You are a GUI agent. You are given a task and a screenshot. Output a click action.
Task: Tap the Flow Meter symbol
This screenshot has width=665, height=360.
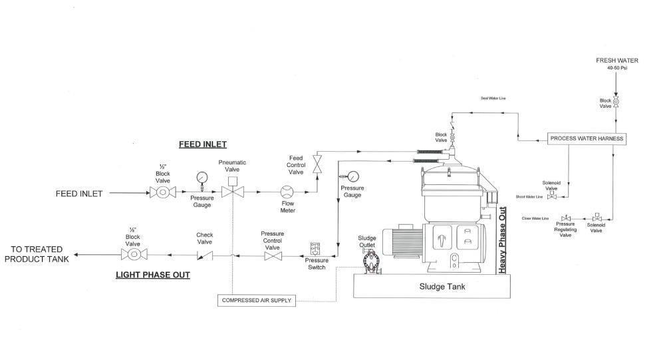point(287,192)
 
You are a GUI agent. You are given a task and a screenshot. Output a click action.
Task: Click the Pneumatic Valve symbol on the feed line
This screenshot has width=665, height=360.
point(232,192)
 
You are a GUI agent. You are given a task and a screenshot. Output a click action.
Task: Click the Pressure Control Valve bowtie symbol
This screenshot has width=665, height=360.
point(273,254)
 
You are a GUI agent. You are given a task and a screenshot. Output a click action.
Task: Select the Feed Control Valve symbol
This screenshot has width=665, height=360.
point(317,163)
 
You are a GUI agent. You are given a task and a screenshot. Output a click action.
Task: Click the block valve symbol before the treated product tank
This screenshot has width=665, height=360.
point(134,254)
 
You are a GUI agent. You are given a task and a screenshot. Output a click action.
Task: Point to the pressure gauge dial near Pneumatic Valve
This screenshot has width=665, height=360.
point(201,178)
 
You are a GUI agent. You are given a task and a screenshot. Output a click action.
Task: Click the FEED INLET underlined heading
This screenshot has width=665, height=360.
point(203,144)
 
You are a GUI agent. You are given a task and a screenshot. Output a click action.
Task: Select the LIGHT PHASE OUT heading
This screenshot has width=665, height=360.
point(153,275)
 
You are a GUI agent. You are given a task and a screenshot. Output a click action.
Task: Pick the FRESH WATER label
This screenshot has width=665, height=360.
point(616,61)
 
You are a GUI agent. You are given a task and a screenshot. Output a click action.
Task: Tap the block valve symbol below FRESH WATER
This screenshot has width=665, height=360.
point(616,101)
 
